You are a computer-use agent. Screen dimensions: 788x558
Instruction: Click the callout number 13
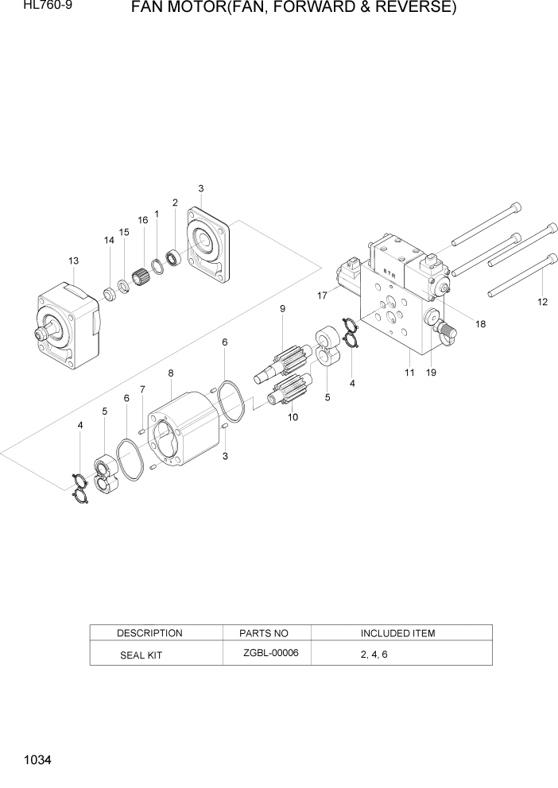[73, 261]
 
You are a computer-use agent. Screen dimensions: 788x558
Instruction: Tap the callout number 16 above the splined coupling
[143, 220]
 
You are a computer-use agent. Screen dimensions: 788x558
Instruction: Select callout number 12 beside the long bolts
[543, 301]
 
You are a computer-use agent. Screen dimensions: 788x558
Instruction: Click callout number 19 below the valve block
[432, 372]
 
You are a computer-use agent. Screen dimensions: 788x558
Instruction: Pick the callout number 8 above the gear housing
[170, 373]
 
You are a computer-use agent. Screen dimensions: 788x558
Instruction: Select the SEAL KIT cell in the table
[139, 655]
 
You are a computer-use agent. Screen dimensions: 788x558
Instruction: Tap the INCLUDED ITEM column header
[397, 633]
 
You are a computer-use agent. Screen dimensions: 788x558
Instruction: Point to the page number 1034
[38, 760]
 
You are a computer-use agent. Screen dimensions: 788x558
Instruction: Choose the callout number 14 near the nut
[109, 239]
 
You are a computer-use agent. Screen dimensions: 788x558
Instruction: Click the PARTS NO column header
[264, 633]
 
